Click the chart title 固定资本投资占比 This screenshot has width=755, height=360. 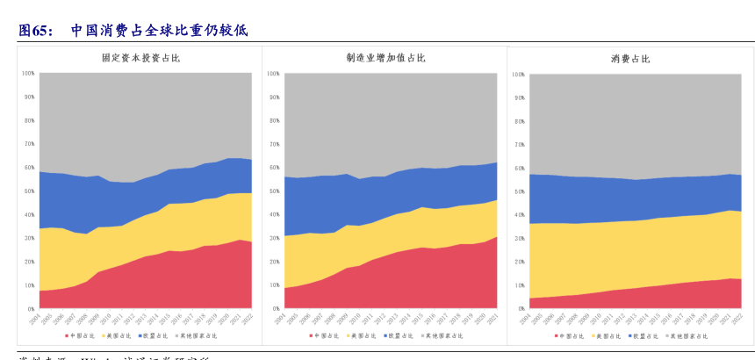(140, 59)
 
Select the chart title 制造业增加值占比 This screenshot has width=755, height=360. (385, 59)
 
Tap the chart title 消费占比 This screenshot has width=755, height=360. (630, 59)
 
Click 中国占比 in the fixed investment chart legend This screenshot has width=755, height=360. (80, 336)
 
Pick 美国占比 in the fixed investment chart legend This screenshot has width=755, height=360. (119, 336)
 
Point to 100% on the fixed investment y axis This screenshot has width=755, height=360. (28, 73)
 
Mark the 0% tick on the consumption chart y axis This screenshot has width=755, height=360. (519, 309)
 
